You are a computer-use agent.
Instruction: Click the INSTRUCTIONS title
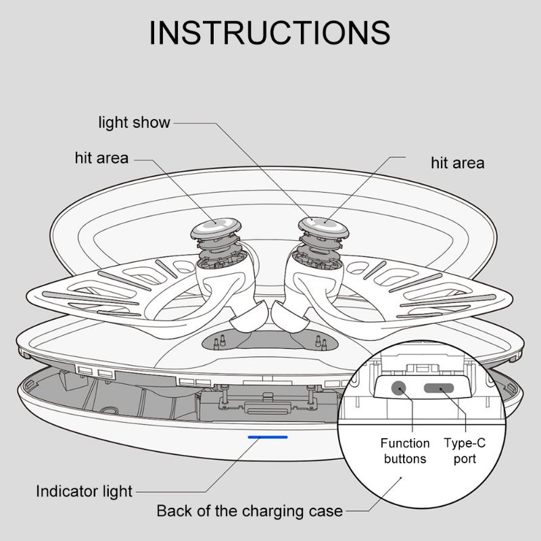click(x=269, y=32)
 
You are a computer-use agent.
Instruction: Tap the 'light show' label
click(x=134, y=123)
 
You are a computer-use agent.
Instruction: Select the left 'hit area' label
click(x=102, y=158)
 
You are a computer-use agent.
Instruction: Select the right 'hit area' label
click(x=458, y=163)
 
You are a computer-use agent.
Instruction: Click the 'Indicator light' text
click(x=84, y=492)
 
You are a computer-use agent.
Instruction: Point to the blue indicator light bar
click(x=268, y=437)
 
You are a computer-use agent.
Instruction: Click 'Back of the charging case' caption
click(x=250, y=511)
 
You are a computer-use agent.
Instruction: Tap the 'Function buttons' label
click(x=405, y=450)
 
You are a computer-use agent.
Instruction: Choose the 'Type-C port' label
click(x=465, y=450)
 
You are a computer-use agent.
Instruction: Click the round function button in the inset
click(x=399, y=388)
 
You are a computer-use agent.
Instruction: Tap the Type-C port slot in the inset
click(x=439, y=388)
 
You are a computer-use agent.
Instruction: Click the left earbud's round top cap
click(x=216, y=228)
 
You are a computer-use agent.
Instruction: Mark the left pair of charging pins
click(x=219, y=342)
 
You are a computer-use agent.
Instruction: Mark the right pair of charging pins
click(x=321, y=342)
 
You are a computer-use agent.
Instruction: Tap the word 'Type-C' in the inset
click(x=465, y=443)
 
